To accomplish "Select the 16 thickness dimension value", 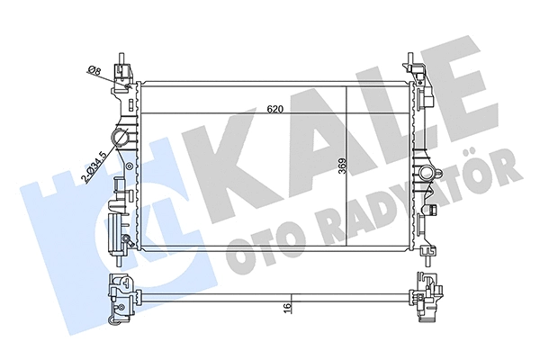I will [285, 307].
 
